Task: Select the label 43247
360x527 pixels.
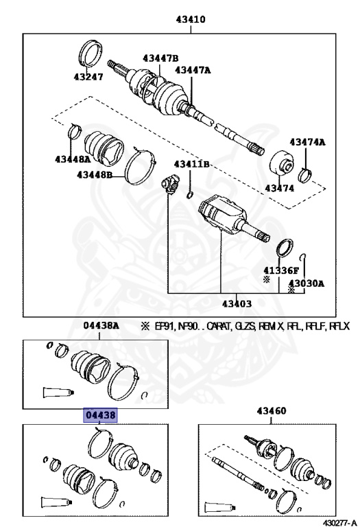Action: click(89, 77)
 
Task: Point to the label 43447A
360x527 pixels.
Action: click(193, 70)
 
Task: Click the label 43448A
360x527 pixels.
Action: click(73, 159)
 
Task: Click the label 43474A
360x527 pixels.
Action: click(307, 142)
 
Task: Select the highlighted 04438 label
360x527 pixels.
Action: click(100, 415)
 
